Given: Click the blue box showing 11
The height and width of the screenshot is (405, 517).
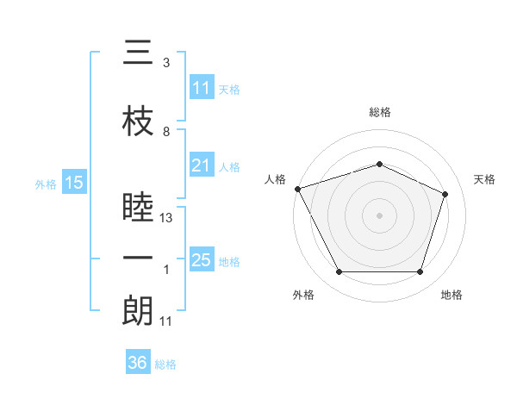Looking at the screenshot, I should point(202,88).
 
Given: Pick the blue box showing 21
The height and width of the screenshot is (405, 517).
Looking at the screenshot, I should point(202,165).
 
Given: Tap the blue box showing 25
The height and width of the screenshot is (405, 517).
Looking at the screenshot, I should point(202,260).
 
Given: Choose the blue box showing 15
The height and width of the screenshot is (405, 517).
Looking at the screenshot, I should point(74,183).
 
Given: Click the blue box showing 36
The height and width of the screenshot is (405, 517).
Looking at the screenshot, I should point(138,363).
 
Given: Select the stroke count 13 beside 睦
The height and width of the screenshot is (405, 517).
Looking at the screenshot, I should point(166,219).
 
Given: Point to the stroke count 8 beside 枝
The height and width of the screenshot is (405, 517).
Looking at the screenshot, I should point(166,132).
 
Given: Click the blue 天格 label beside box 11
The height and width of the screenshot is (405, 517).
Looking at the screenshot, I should point(229,89).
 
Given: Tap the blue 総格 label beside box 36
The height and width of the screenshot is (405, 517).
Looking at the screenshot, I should point(165,364).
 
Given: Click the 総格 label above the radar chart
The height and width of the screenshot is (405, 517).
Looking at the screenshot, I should point(379,112).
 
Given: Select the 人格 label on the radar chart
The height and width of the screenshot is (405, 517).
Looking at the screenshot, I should point(276,179).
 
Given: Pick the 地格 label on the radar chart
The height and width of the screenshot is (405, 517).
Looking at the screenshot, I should point(452,295).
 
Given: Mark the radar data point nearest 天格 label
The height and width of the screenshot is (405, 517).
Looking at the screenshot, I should point(445,194).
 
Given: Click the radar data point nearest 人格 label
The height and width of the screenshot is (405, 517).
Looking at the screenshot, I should point(297,189).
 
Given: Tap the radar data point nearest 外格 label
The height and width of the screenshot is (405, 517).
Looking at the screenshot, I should point(339,272).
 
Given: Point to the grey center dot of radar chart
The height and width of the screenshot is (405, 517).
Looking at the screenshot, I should point(379,215).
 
